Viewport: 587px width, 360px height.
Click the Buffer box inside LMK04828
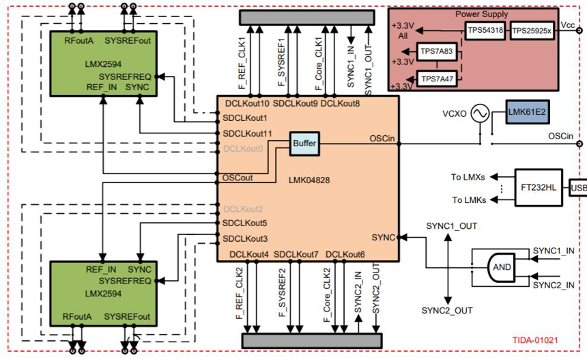point(304,143)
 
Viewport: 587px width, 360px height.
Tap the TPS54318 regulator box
point(487,31)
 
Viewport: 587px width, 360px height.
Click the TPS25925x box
point(532,31)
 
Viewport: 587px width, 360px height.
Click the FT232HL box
point(539,186)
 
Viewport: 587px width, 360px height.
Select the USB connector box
point(578,186)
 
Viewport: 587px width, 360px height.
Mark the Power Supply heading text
point(481,14)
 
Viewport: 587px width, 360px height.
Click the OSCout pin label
point(238,178)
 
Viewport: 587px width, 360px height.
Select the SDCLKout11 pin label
point(248,133)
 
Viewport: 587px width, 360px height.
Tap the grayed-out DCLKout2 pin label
point(242,209)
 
